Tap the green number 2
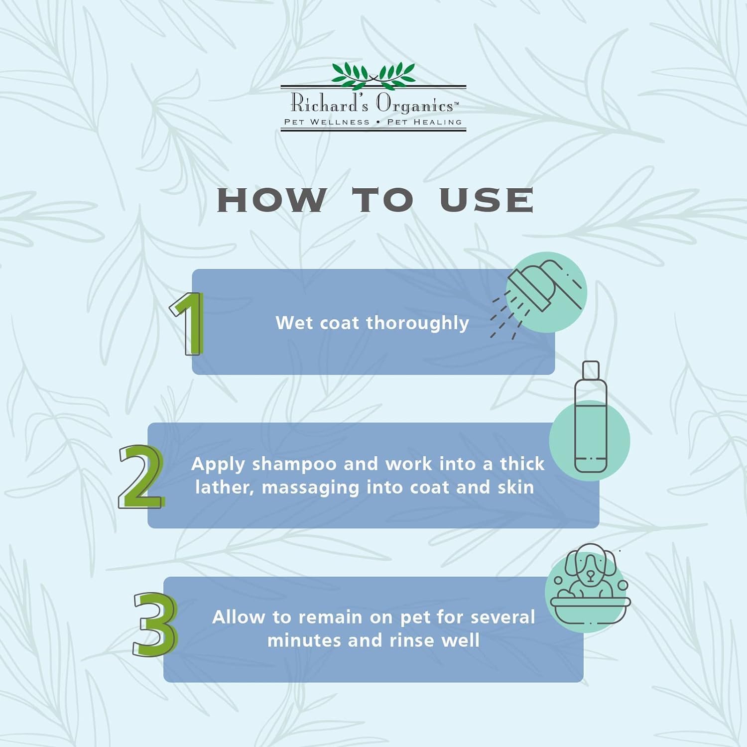[141, 477]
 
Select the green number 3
[155, 624]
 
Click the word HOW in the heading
[272, 200]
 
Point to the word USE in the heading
[487, 200]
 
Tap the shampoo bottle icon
[591, 417]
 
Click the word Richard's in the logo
[329, 103]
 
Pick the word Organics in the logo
[415, 105]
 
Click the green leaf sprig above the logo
[373, 75]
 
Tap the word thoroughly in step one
[417, 324]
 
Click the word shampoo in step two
[294, 465]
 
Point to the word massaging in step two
[310, 488]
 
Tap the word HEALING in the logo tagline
[438, 122]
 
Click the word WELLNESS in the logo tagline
[340, 122]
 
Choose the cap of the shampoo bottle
[591, 370]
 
